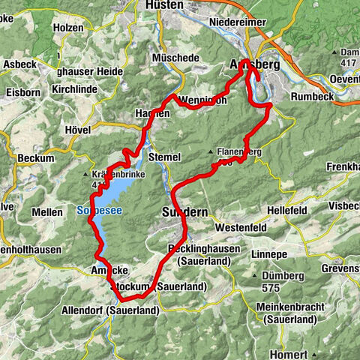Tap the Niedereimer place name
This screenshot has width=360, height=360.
click(x=238, y=22)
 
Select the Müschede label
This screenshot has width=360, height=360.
click(x=174, y=57)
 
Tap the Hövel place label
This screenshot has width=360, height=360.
click(x=78, y=130)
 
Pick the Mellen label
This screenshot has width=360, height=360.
click(x=46, y=213)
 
